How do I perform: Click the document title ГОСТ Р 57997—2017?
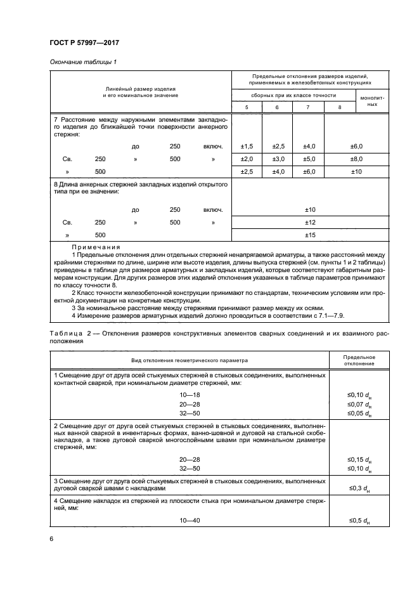(x=84, y=42)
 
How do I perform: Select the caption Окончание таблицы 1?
(x=82, y=62)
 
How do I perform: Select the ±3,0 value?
(x=277, y=159)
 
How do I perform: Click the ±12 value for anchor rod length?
(x=310, y=223)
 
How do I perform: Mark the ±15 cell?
(x=310, y=235)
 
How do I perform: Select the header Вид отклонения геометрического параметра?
(x=190, y=360)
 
